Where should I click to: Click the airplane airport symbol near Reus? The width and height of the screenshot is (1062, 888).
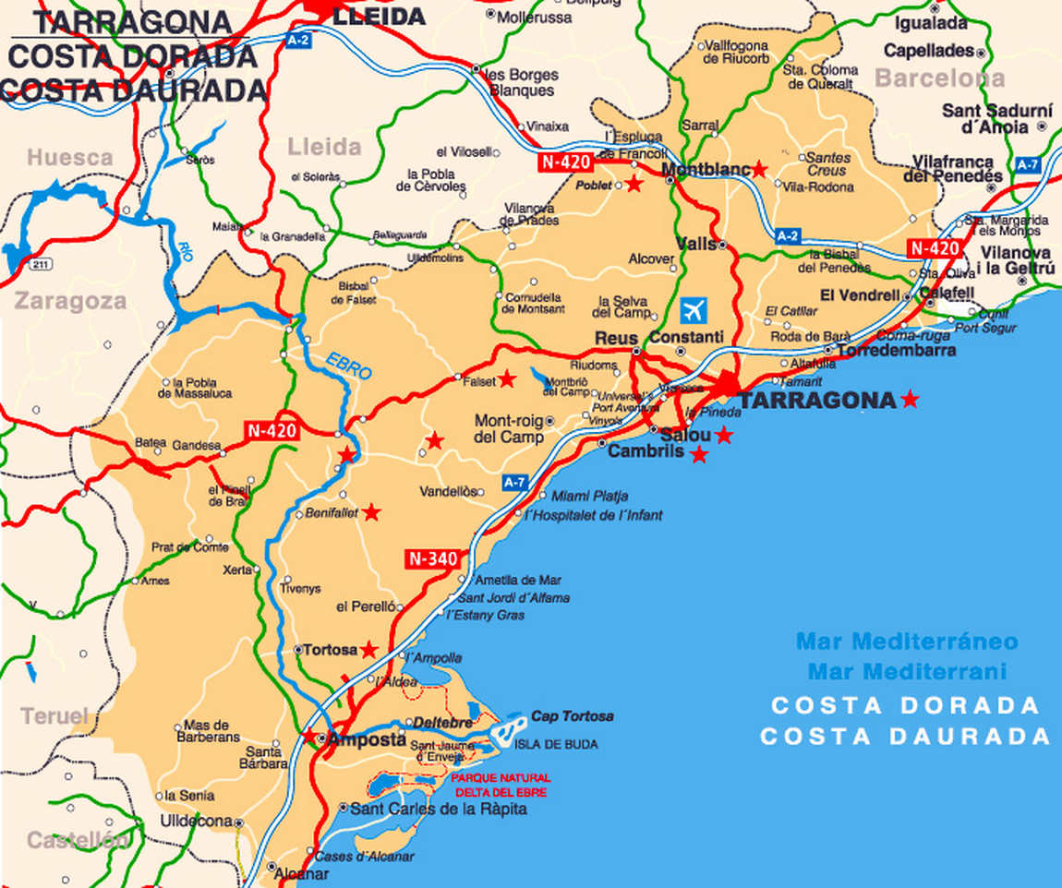(693, 309)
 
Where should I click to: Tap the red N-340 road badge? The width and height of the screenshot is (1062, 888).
(431, 558)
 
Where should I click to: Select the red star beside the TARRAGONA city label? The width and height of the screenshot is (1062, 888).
(910, 399)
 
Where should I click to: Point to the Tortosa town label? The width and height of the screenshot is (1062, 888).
(331, 650)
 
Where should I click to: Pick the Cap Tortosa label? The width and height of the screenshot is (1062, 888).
(572, 716)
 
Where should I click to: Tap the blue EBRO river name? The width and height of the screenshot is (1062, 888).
(348, 366)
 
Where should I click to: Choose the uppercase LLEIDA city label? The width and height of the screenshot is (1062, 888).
(379, 16)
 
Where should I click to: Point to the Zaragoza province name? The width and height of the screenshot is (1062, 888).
(70, 301)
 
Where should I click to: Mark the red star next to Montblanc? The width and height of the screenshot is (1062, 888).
(759, 169)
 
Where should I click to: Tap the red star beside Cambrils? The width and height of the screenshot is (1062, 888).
(699, 454)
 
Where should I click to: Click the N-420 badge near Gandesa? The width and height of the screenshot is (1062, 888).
(272, 431)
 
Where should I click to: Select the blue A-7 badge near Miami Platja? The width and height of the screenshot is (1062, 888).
(515, 482)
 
